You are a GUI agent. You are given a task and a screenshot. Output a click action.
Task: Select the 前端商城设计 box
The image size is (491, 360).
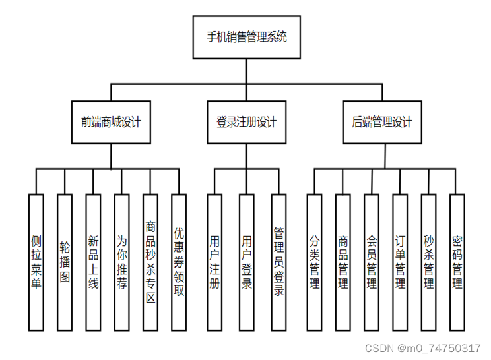pos(110,122)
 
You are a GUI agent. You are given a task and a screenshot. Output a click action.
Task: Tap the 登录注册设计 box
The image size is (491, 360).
pos(247,122)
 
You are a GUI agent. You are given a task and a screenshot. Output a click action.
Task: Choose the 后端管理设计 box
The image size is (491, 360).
pos(382,122)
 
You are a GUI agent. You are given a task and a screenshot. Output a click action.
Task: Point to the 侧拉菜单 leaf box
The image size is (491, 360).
pos(36,262)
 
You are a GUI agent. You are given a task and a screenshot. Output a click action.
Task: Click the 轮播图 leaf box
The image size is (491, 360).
pos(64,262)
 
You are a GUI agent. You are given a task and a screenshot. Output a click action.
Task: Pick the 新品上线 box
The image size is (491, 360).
pos(93,262)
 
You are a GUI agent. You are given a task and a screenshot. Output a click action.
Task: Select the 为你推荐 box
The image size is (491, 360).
pos(121,262)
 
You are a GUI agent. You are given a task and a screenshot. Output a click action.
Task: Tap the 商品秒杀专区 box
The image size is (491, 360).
pos(150,262)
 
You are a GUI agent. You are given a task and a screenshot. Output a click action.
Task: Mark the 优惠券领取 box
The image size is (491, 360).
pos(179,262)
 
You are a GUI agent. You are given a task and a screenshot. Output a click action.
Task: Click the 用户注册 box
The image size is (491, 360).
pos(214,262)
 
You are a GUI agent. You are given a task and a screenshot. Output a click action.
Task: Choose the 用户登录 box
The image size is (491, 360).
pos(247,262)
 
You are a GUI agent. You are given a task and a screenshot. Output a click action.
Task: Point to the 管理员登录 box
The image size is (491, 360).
pos(279,262)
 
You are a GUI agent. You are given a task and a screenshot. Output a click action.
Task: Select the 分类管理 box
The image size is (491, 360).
pos(314,262)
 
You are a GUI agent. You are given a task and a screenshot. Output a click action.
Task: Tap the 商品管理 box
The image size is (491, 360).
pos(343,262)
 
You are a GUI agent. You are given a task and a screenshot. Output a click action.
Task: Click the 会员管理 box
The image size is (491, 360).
pos(372,262)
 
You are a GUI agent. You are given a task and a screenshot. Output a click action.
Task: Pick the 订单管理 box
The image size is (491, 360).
pos(400,262)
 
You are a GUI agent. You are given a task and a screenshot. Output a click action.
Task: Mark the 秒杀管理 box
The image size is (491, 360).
pos(429,262)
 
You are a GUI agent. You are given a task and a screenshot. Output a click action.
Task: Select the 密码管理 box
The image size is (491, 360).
pos(457,262)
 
